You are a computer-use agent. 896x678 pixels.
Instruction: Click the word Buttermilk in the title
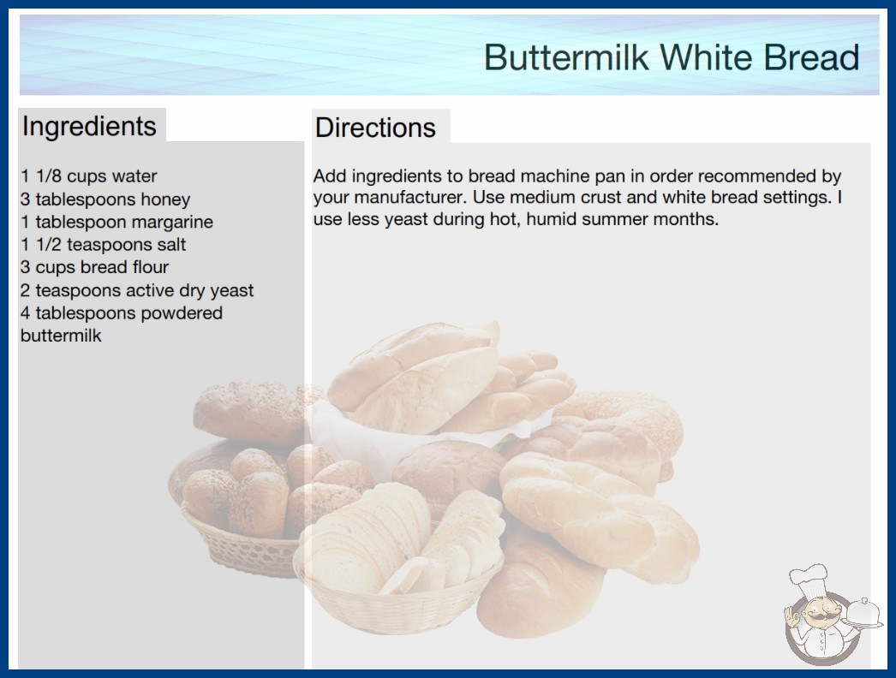click(566, 57)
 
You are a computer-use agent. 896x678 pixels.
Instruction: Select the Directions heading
click(375, 128)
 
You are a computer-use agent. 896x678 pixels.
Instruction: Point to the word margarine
click(176, 223)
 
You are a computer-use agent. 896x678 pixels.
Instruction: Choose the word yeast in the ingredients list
click(231, 291)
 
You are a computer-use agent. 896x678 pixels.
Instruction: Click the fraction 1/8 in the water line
click(49, 176)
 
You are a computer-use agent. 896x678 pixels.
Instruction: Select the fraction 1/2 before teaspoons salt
click(49, 245)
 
